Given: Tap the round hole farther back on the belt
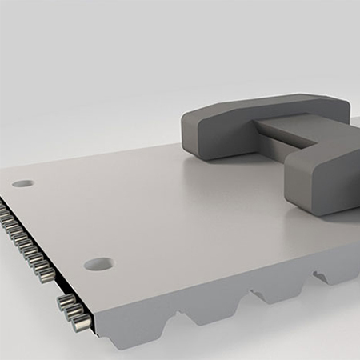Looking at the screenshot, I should (x=23, y=183).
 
